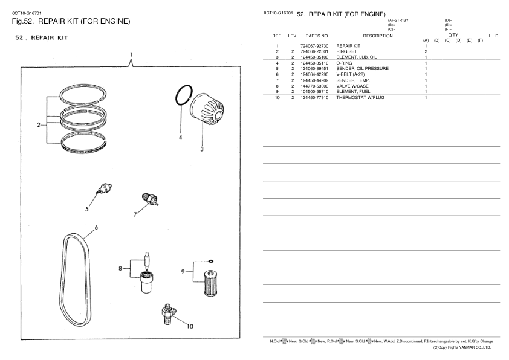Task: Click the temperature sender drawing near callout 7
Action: tap(148, 200)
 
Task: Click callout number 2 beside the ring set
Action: tap(37, 126)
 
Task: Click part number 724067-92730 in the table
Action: tap(314, 47)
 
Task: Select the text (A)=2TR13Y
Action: tap(397, 21)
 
